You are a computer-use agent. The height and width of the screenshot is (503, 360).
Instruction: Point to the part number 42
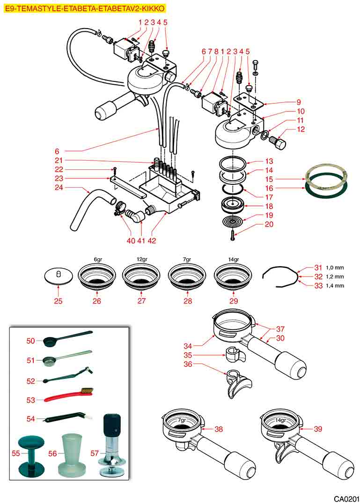152,241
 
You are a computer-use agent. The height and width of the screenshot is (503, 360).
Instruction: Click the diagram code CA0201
346,497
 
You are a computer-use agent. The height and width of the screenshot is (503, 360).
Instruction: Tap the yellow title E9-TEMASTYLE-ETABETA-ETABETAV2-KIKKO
84,8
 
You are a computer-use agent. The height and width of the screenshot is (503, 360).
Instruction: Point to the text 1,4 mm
336,285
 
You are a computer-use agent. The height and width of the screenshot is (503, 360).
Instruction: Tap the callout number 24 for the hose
59,188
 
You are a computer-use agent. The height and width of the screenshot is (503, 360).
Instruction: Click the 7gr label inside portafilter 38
181,420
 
